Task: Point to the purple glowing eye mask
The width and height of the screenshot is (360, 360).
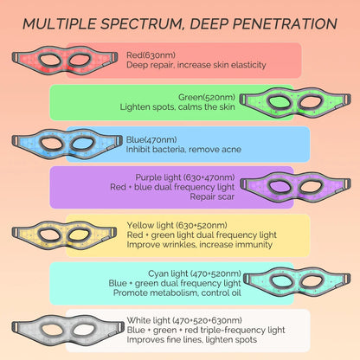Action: (294, 186)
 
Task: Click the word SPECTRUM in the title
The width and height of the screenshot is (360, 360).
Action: (138, 22)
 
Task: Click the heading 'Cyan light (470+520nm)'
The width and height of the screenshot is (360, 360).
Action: (170, 273)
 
